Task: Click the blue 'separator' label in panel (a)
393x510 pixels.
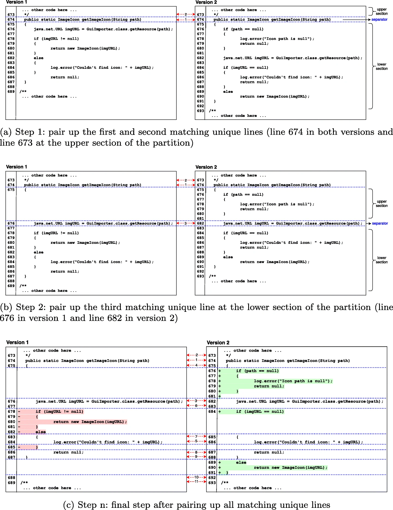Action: [x=379, y=20]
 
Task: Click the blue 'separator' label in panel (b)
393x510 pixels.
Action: [x=380, y=223]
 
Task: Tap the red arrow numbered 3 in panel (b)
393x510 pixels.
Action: [x=185, y=223]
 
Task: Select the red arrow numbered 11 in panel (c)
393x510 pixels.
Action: [x=196, y=481]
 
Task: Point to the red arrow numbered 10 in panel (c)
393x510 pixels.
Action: [x=196, y=477]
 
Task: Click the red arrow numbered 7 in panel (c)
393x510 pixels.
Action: [x=196, y=437]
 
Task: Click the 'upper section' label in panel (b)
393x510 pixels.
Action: [x=382, y=203]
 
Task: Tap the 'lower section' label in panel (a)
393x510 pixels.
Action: [x=382, y=66]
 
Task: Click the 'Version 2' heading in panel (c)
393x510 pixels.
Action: [x=218, y=342]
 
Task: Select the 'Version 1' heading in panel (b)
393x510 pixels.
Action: [x=17, y=167]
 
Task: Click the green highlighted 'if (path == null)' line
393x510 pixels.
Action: [x=257, y=371]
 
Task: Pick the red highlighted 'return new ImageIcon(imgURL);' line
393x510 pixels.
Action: [x=90, y=422]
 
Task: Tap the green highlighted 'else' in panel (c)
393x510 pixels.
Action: [x=241, y=462]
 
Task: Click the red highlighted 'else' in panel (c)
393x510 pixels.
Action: [x=41, y=432]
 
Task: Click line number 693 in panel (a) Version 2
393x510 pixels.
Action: [x=200, y=111]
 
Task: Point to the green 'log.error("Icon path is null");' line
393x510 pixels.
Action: [x=293, y=381]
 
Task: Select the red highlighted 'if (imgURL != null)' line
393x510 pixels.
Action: [x=59, y=412]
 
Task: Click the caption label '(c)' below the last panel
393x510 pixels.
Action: [x=68, y=505]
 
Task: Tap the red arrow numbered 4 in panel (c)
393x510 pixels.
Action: [x=196, y=365]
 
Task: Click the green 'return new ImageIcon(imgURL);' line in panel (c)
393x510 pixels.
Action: [x=290, y=468]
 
